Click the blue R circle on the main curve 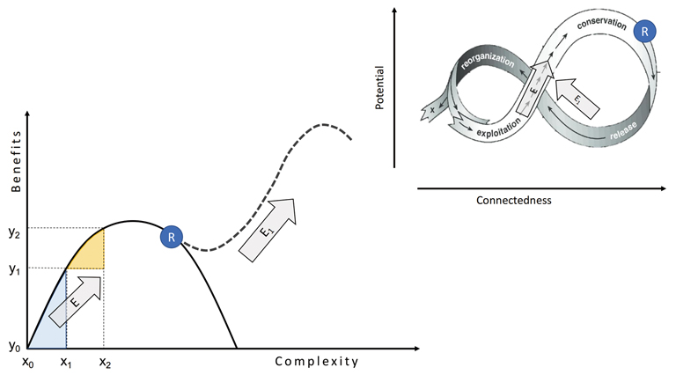click(173, 236)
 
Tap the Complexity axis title click(317, 361)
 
